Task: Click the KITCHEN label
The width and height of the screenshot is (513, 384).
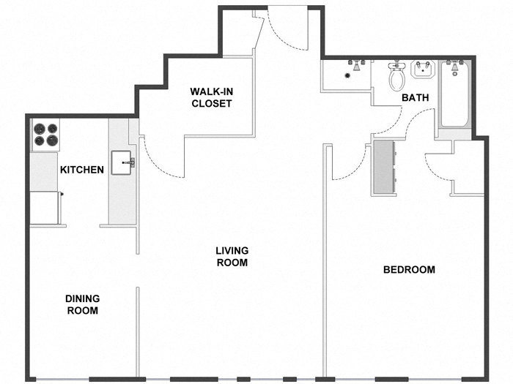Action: coord(81,170)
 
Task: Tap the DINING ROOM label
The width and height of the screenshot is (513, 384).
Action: coord(82,304)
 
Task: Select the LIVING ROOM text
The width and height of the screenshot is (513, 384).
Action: coord(231,256)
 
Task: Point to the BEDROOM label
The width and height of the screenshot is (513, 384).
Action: coord(409,269)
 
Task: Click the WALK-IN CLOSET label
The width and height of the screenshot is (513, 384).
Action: coord(211,97)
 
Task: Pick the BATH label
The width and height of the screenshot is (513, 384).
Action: coord(415,98)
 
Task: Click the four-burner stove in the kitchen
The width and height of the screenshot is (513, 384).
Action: coord(45,135)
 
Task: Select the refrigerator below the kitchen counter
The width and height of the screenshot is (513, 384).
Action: coord(44,208)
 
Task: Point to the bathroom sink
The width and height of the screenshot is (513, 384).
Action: coord(424,70)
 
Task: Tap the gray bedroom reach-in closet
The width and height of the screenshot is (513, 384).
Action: coord(385,167)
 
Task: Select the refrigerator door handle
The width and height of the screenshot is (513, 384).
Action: coord(62,194)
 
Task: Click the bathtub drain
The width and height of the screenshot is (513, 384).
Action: coord(455,74)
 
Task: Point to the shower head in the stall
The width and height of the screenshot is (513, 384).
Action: coord(357,65)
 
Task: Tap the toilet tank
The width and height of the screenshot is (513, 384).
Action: coord(396,65)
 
